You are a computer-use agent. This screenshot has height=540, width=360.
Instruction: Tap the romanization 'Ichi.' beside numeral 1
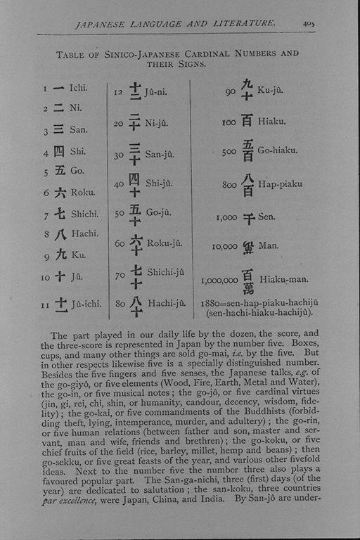[78, 88]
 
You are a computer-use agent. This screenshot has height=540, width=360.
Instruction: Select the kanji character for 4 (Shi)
[58, 151]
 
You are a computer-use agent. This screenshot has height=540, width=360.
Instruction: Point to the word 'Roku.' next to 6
[82, 192]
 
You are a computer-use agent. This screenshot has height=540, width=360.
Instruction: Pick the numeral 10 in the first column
[46, 278]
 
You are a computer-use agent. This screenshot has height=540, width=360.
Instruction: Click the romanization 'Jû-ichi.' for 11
[86, 304]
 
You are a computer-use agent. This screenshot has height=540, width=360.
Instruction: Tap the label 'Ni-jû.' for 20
[157, 124]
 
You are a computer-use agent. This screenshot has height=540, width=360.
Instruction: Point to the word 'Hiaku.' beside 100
[272, 122]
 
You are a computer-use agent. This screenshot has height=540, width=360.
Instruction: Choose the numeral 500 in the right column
[228, 151]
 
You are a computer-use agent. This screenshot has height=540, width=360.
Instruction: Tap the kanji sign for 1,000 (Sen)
[247, 218]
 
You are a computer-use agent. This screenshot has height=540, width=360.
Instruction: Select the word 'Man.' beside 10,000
[269, 246]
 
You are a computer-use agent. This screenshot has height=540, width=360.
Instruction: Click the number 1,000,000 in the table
[219, 280]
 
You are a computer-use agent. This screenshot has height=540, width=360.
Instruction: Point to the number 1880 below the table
[210, 302]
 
